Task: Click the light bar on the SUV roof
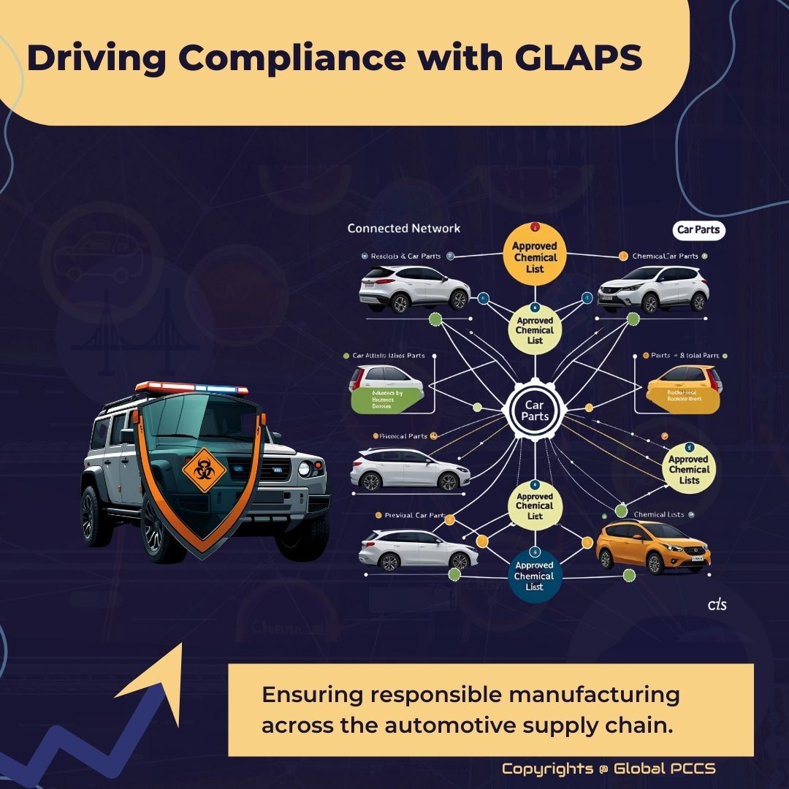click(191, 387)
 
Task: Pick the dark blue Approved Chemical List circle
click(534, 576)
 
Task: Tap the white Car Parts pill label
click(698, 230)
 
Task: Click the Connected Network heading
click(403, 229)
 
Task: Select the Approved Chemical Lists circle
click(689, 470)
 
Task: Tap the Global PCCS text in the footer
click(665, 769)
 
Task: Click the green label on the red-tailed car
click(388, 400)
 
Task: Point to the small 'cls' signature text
click(717, 606)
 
